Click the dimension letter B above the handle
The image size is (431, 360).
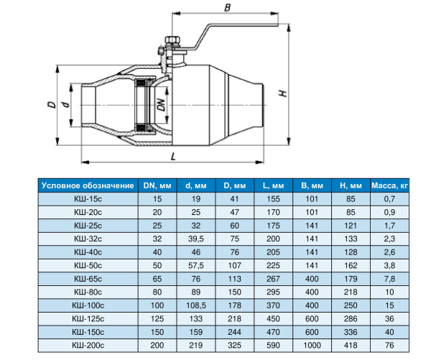(227, 7)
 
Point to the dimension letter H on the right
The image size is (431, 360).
(283, 93)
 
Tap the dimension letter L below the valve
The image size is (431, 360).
(173, 157)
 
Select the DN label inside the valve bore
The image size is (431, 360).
(162, 105)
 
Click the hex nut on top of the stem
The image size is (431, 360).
(172, 40)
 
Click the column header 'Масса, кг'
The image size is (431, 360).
(389, 185)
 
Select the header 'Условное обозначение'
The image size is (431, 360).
(88, 185)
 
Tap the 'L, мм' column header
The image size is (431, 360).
(273, 185)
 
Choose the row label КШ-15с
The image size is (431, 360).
(88, 199)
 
